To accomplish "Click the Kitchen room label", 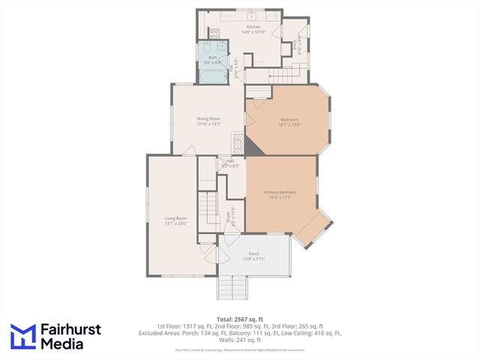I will [x=232, y=27].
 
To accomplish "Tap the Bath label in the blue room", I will [x=212, y=57].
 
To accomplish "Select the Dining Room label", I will [x=208, y=118].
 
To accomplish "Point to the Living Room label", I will [x=175, y=218].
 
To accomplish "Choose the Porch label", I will [x=254, y=253].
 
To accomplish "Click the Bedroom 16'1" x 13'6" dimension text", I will [x=289, y=125].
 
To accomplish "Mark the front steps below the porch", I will [x=232, y=286].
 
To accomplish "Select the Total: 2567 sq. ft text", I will [x=240, y=319].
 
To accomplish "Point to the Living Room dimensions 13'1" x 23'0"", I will [x=175, y=223].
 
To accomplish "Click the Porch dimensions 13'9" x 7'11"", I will [x=254, y=259].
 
